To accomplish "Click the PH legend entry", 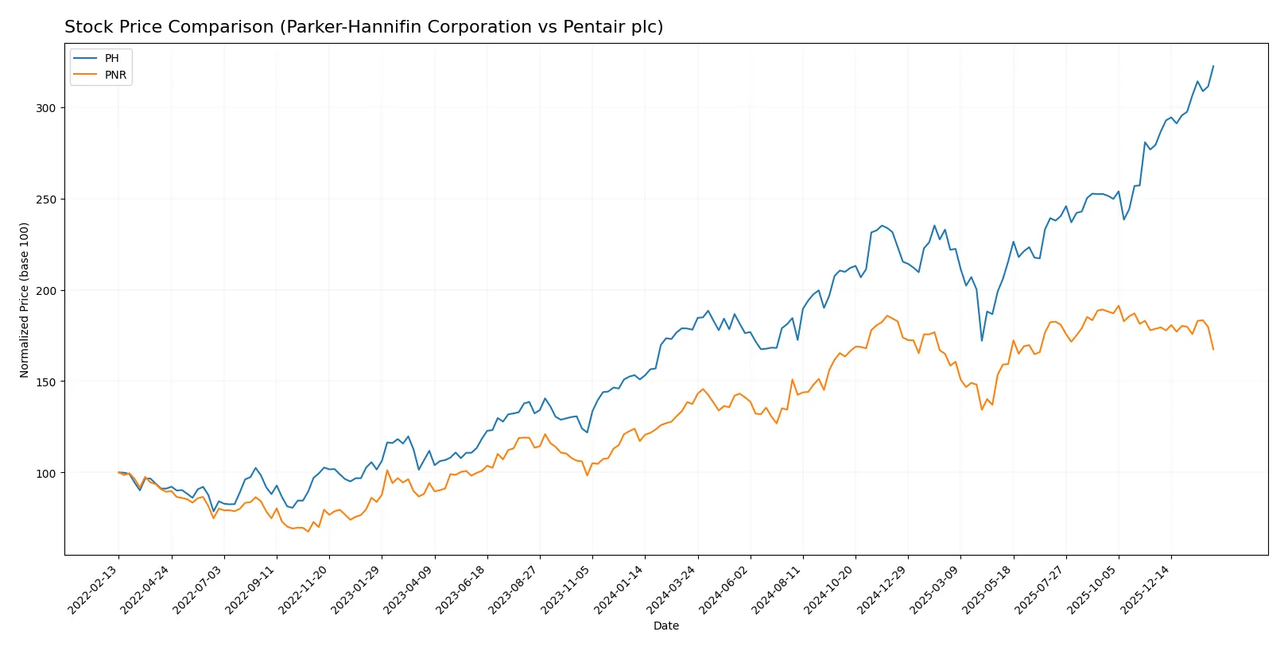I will pyautogui.click(x=111, y=58).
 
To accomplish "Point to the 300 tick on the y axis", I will pyautogui.click(x=46, y=107).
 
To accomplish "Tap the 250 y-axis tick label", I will pyautogui.click(x=46, y=199).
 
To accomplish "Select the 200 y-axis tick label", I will pyautogui.click(x=46, y=290).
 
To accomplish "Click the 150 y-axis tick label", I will pyautogui.click(x=46, y=382).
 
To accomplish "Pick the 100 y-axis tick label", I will pyautogui.click(x=46, y=473).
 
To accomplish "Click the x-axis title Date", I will pyautogui.click(x=666, y=626).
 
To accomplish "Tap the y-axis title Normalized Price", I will pyautogui.click(x=25, y=300).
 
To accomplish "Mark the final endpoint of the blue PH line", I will pyautogui.click(x=1213, y=66).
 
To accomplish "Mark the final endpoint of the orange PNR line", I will pyautogui.click(x=1213, y=349).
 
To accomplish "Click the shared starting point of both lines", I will pyautogui.click(x=118, y=472).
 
